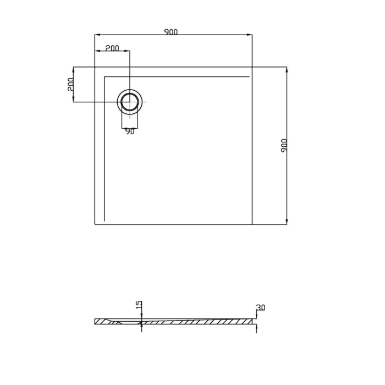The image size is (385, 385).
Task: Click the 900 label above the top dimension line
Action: (x=171, y=32)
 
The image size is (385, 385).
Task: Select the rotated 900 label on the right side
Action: (x=284, y=145)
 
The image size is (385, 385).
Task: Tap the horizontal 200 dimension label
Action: (x=112, y=48)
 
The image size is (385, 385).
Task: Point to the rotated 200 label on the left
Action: (x=70, y=84)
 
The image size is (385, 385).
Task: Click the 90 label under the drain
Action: (x=129, y=131)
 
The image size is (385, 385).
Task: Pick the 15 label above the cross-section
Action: (x=139, y=305)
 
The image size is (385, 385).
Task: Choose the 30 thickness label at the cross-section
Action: (x=261, y=308)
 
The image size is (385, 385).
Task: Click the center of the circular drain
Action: (x=130, y=102)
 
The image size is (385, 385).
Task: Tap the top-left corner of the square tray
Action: (x=95, y=67)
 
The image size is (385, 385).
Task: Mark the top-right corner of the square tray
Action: (x=252, y=67)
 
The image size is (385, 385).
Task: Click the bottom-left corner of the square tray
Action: (x=95, y=224)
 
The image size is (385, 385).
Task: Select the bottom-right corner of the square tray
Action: (x=252, y=224)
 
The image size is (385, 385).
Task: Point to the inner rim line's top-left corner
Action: (x=105, y=76)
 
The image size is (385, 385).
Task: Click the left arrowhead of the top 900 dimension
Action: (x=97, y=35)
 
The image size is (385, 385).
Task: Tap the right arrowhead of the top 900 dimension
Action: (x=250, y=35)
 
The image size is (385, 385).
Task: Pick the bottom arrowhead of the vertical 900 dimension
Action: (x=287, y=222)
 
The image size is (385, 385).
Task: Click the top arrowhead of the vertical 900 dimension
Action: (x=287, y=69)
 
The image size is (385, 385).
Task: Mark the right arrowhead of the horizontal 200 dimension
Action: (x=128, y=51)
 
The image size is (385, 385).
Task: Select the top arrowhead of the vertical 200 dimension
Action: (x=74, y=69)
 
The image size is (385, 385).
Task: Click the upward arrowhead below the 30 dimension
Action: (x=256, y=325)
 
